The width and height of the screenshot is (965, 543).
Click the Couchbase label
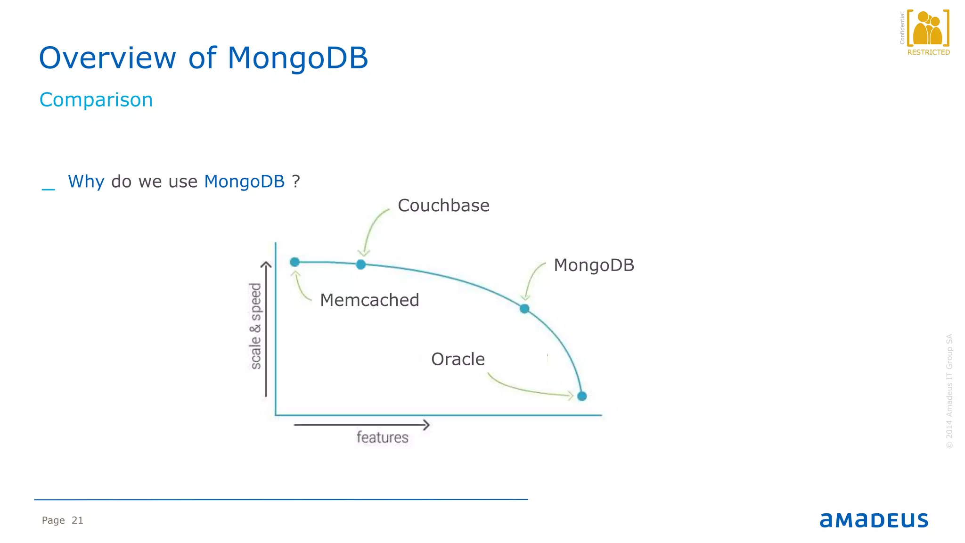[443, 206]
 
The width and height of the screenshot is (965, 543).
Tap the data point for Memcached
[295, 262]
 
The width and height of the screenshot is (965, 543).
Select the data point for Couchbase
[361, 264]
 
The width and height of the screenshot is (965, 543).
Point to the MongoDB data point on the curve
[524, 309]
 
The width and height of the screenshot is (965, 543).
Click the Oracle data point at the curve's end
[582, 396]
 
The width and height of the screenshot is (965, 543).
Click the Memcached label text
[369, 300]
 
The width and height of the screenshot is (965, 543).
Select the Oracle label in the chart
[458, 359]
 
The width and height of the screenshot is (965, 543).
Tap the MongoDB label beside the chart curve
[594, 265]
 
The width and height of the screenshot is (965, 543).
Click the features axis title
[382, 437]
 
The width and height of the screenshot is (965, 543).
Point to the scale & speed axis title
[255, 326]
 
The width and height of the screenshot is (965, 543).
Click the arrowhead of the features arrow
[426, 425]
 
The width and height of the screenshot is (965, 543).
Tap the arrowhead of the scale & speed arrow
[266, 265]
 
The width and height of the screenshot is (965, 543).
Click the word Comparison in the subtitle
[96, 100]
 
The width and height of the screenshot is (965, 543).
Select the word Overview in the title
[107, 58]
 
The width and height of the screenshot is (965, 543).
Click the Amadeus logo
[874, 520]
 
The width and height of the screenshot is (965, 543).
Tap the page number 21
[77, 520]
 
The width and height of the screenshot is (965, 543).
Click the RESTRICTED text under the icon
[928, 52]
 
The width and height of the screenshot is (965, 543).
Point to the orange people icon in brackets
[928, 28]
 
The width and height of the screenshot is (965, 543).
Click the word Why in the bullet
[86, 181]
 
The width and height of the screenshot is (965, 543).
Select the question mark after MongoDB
[296, 181]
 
